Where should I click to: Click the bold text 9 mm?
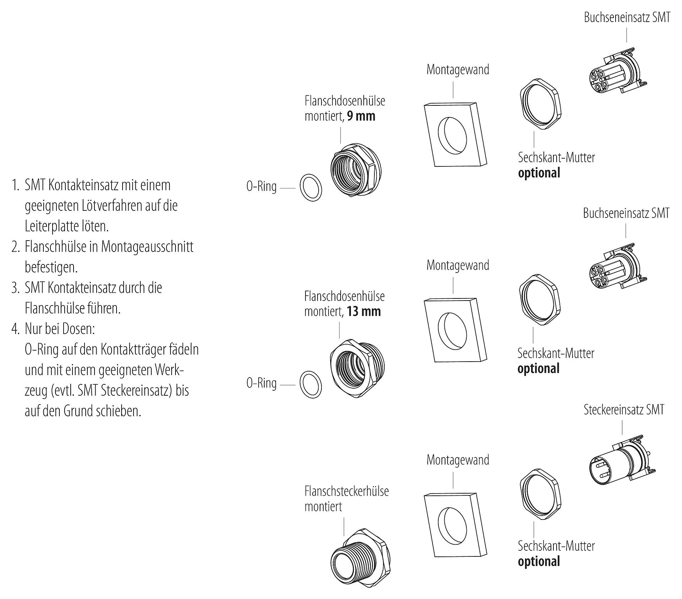[361, 116]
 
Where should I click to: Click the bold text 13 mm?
[364, 312]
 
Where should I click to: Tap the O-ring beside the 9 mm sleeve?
[311, 188]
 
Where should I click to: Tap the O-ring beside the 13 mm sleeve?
[311, 384]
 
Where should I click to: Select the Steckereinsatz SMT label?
[624, 410]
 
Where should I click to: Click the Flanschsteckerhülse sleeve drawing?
[361, 559]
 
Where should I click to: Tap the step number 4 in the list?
[15, 329]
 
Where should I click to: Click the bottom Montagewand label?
[458, 460]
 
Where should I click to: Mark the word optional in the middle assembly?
[538, 369]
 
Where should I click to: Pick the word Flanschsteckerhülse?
[346, 491]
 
